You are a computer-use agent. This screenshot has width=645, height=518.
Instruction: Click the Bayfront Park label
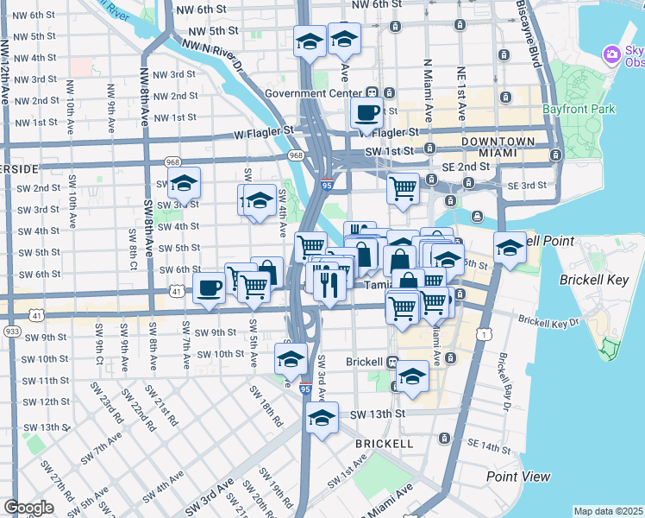[x=579, y=110]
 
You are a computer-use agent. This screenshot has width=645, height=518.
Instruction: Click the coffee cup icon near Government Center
[x=367, y=113]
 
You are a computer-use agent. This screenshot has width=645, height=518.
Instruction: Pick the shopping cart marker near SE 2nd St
[x=403, y=188]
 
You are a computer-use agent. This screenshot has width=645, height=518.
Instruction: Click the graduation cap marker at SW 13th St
[x=322, y=420]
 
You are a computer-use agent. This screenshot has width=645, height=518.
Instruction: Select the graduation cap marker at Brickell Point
[x=510, y=248]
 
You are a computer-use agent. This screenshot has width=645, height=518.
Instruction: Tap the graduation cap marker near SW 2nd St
[x=184, y=183]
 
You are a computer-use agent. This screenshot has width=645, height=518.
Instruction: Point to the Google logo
[x=28, y=508]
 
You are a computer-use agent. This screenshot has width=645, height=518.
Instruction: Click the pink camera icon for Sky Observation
[x=612, y=54]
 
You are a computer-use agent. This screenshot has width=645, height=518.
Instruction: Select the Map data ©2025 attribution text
[x=607, y=511]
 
